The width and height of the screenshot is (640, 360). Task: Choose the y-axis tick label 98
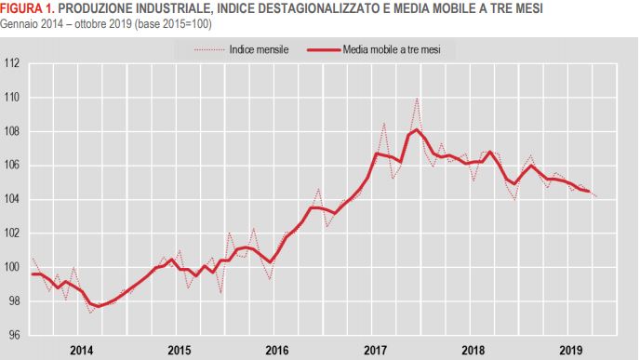14,301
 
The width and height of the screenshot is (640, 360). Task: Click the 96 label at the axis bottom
14,335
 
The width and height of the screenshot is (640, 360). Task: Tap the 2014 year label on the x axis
81,351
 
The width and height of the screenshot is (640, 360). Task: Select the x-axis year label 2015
180,351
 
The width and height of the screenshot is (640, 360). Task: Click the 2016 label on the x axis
277,351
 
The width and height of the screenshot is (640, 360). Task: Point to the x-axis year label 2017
376,351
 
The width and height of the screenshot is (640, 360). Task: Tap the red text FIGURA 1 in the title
27,8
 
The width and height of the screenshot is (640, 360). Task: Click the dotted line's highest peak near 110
416,99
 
